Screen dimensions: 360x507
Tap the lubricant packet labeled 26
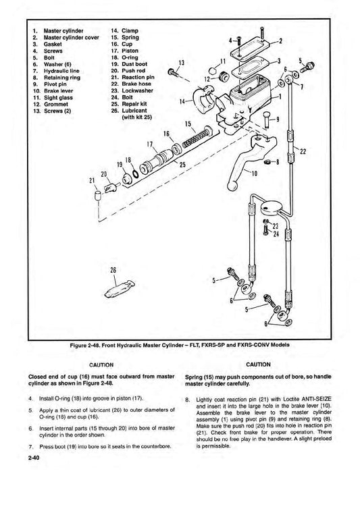pyautogui.click(x=120, y=288)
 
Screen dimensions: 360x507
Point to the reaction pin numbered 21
pyautogui.click(x=98, y=196)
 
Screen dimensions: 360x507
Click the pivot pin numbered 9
pyautogui.click(x=267, y=120)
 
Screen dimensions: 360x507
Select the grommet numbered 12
pyautogui.click(x=223, y=77)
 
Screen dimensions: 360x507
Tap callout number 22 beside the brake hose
pyautogui.click(x=303, y=151)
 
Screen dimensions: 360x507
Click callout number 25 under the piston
pyautogui.click(x=182, y=165)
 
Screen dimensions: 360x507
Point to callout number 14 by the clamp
pyautogui.click(x=182, y=101)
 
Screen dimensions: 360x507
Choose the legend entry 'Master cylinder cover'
pyautogui.click(x=72, y=38)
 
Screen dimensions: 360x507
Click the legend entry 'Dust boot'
pyautogui.click(x=134, y=64)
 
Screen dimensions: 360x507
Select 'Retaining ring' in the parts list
pyautogui.click(x=61, y=78)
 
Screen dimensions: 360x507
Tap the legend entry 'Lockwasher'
pyautogui.click(x=138, y=90)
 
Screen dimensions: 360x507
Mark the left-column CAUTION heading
pyautogui.click(x=101, y=365)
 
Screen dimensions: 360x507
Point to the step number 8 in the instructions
pyautogui.click(x=187, y=400)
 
